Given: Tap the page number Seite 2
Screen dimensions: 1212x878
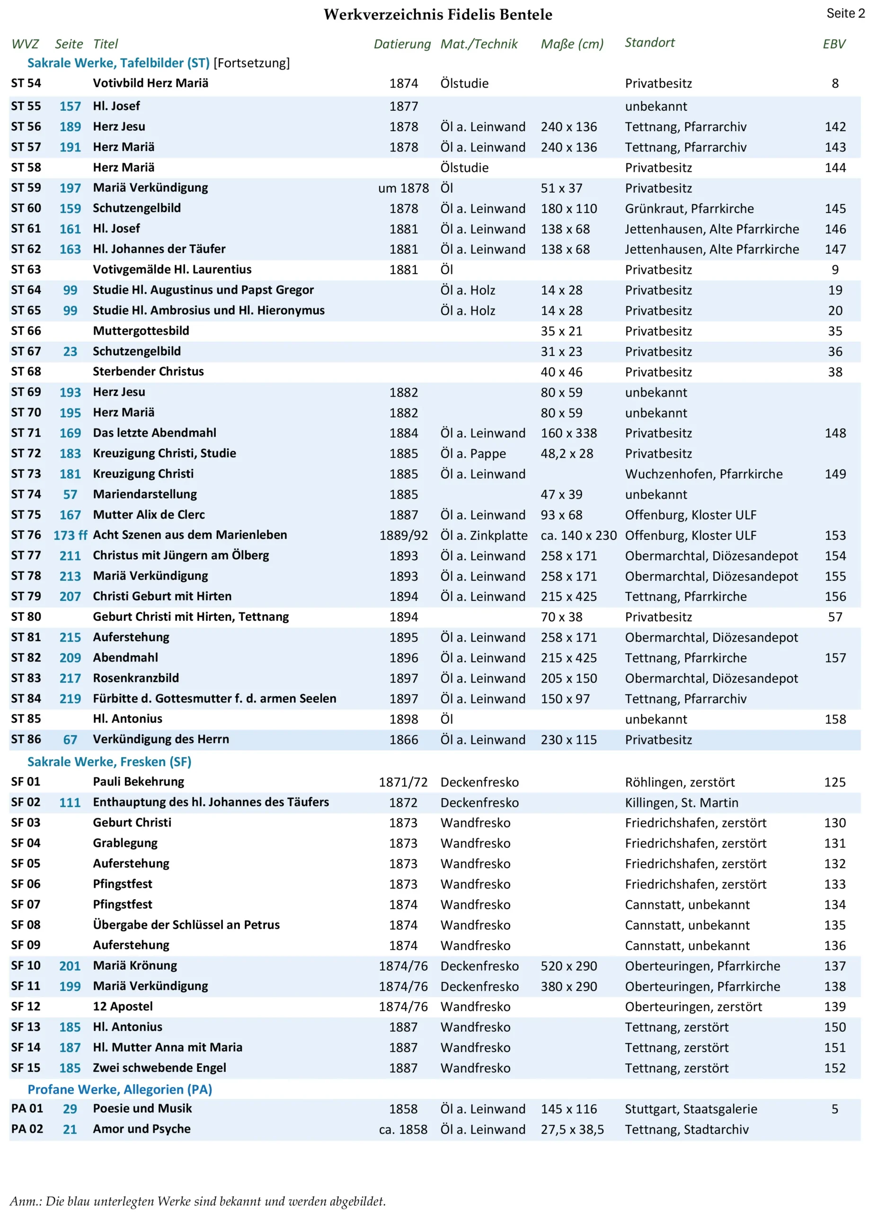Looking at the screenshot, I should (x=845, y=13).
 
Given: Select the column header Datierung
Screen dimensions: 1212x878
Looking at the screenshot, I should (x=402, y=44).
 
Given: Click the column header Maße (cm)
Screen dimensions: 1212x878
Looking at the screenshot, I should (x=572, y=44).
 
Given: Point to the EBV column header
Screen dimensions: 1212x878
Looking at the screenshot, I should (x=834, y=44).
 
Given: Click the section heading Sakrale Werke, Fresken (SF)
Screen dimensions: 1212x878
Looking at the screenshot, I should (x=109, y=761).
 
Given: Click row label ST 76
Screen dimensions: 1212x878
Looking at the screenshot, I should (x=26, y=535).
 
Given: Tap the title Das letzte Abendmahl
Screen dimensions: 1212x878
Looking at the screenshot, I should (x=154, y=433).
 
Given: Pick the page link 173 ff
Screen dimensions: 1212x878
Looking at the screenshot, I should (x=70, y=535).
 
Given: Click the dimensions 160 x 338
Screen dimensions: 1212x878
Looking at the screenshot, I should (x=568, y=433).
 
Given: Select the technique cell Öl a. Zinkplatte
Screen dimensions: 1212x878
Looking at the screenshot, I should (x=484, y=535).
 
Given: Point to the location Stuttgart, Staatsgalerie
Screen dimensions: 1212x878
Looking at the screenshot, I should (x=691, y=1109).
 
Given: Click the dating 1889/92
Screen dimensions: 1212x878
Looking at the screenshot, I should (x=403, y=535).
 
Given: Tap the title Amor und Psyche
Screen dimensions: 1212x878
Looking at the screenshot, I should (x=142, y=1129).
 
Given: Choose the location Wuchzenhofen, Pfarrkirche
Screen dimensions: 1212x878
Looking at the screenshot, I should (x=703, y=474).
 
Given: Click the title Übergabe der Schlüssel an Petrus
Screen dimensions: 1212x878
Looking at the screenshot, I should (x=186, y=925).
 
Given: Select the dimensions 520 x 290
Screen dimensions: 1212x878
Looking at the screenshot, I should (x=568, y=966).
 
